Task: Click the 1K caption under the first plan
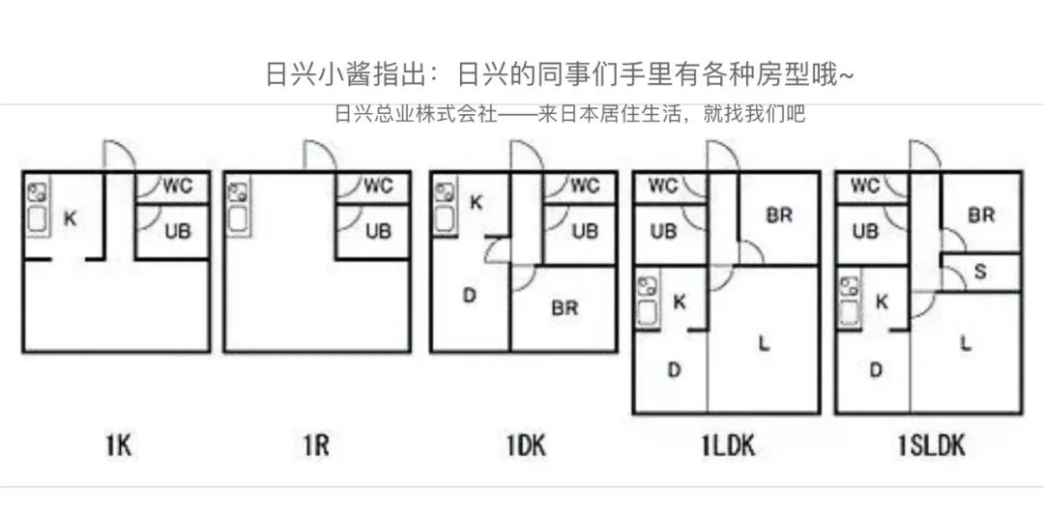pyautogui.click(x=118, y=445)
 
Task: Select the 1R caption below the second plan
pyautogui.click(x=314, y=445)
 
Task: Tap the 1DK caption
pyautogui.click(x=526, y=445)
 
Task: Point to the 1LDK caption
pyautogui.click(x=728, y=445)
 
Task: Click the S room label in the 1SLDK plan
pyautogui.click(x=980, y=272)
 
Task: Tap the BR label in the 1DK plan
pyautogui.click(x=565, y=308)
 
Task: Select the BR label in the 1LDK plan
pyautogui.click(x=779, y=216)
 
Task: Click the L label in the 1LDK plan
pyautogui.click(x=764, y=341)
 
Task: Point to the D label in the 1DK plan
pyautogui.click(x=470, y=296)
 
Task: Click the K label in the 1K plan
pyautogui.click(x=70, y=218)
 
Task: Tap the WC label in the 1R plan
pyautogui.click(x=379, y=186)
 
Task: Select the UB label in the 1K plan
pyautogui.click(x=177, y=232)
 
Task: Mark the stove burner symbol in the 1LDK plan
pyautogui.click(x=645, y=285)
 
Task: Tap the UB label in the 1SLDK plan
pyautogui.click(x=866, y=232)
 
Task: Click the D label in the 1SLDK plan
pyautogui.click(x=875, y=369)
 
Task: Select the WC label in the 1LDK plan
pyautogui.click(x=663, y=186)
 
